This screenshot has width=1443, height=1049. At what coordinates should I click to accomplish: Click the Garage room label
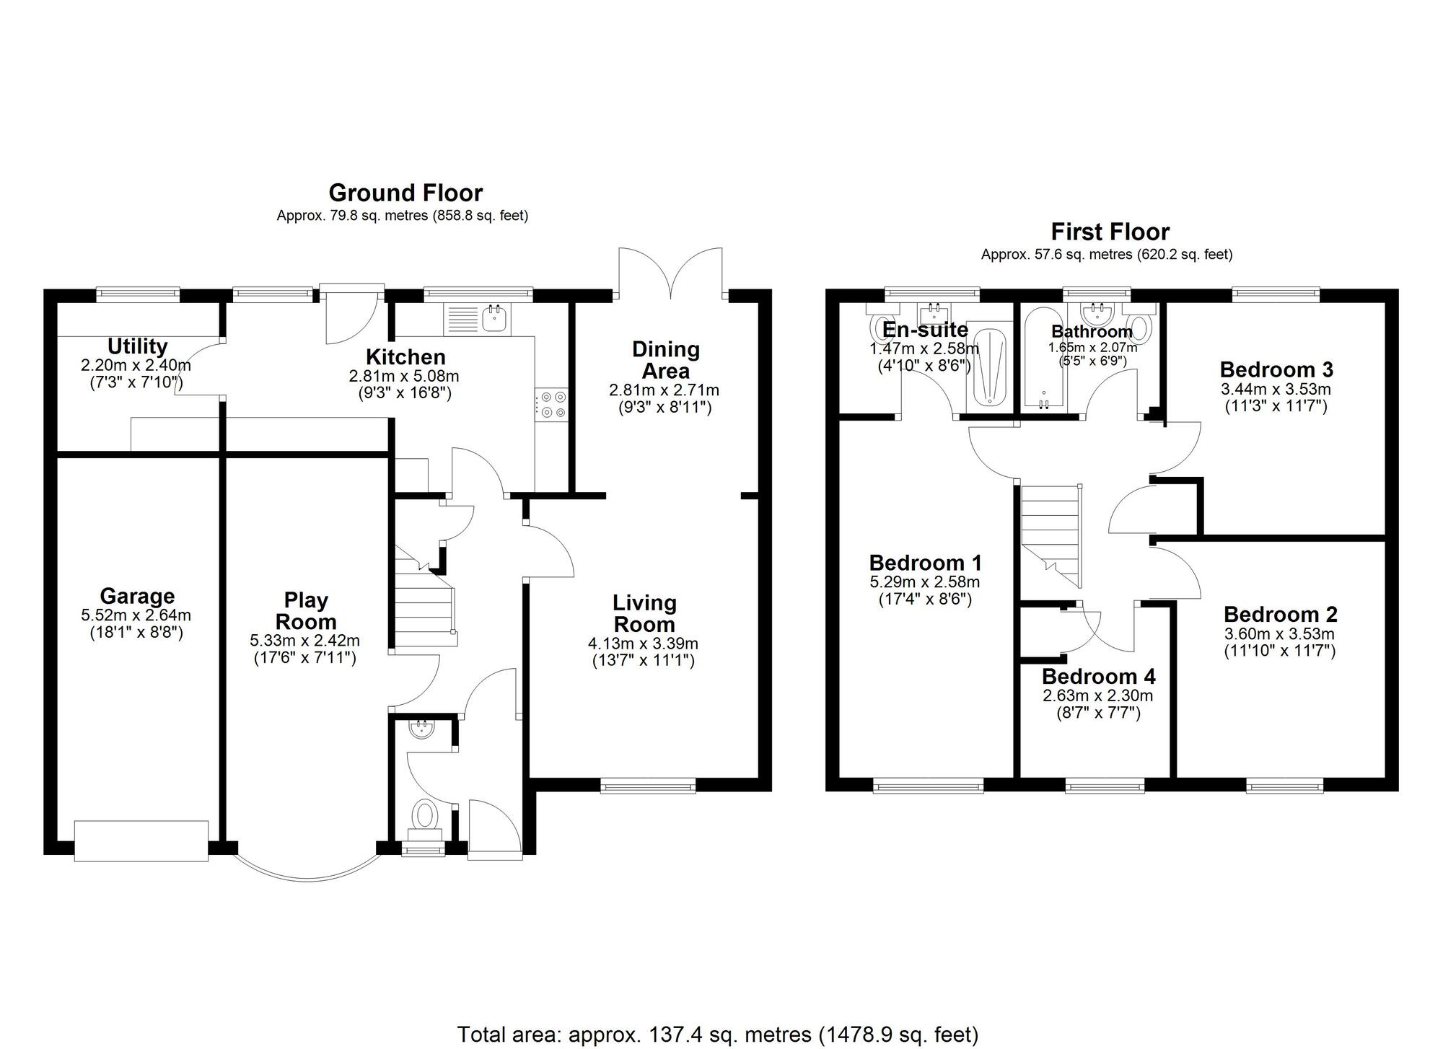[137, 597]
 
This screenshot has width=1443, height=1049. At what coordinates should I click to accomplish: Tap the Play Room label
[306, 611]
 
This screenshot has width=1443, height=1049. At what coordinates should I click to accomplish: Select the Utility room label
[137, 347]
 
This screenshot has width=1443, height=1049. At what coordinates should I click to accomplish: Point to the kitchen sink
[495, 317]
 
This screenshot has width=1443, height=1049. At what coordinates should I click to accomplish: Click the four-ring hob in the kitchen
[551, 404]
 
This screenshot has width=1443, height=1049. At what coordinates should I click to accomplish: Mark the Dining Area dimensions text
[665, 398]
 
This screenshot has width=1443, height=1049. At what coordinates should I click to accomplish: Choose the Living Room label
[644, 613]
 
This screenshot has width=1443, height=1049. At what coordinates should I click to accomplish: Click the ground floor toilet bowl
[424, 816]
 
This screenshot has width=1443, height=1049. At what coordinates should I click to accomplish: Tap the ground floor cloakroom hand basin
[419, 729]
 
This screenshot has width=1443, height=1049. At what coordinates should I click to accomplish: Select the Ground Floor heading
[405, 193]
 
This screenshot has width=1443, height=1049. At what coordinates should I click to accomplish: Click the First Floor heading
[1110, 232]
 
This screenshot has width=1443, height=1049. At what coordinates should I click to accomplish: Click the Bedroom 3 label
[1276, 370]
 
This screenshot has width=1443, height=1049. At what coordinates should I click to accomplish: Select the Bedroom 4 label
[1098, 677]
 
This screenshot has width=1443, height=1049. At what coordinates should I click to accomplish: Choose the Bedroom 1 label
[925, 563]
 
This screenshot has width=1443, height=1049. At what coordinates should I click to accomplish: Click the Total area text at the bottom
[717, 1035]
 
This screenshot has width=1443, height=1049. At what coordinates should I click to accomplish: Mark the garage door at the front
[141, 840]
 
